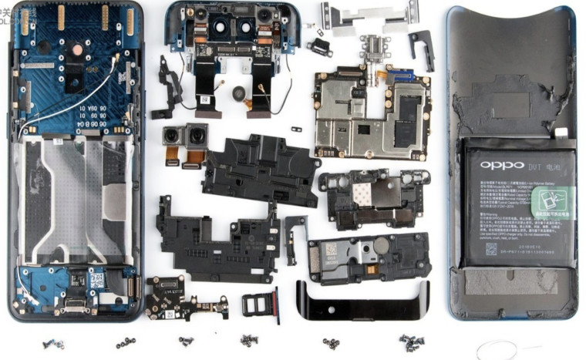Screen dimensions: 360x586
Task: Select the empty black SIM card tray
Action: coord(261,305)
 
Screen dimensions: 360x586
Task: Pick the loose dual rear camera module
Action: coord(185,140)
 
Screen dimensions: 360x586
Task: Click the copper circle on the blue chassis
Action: coord(77,49)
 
